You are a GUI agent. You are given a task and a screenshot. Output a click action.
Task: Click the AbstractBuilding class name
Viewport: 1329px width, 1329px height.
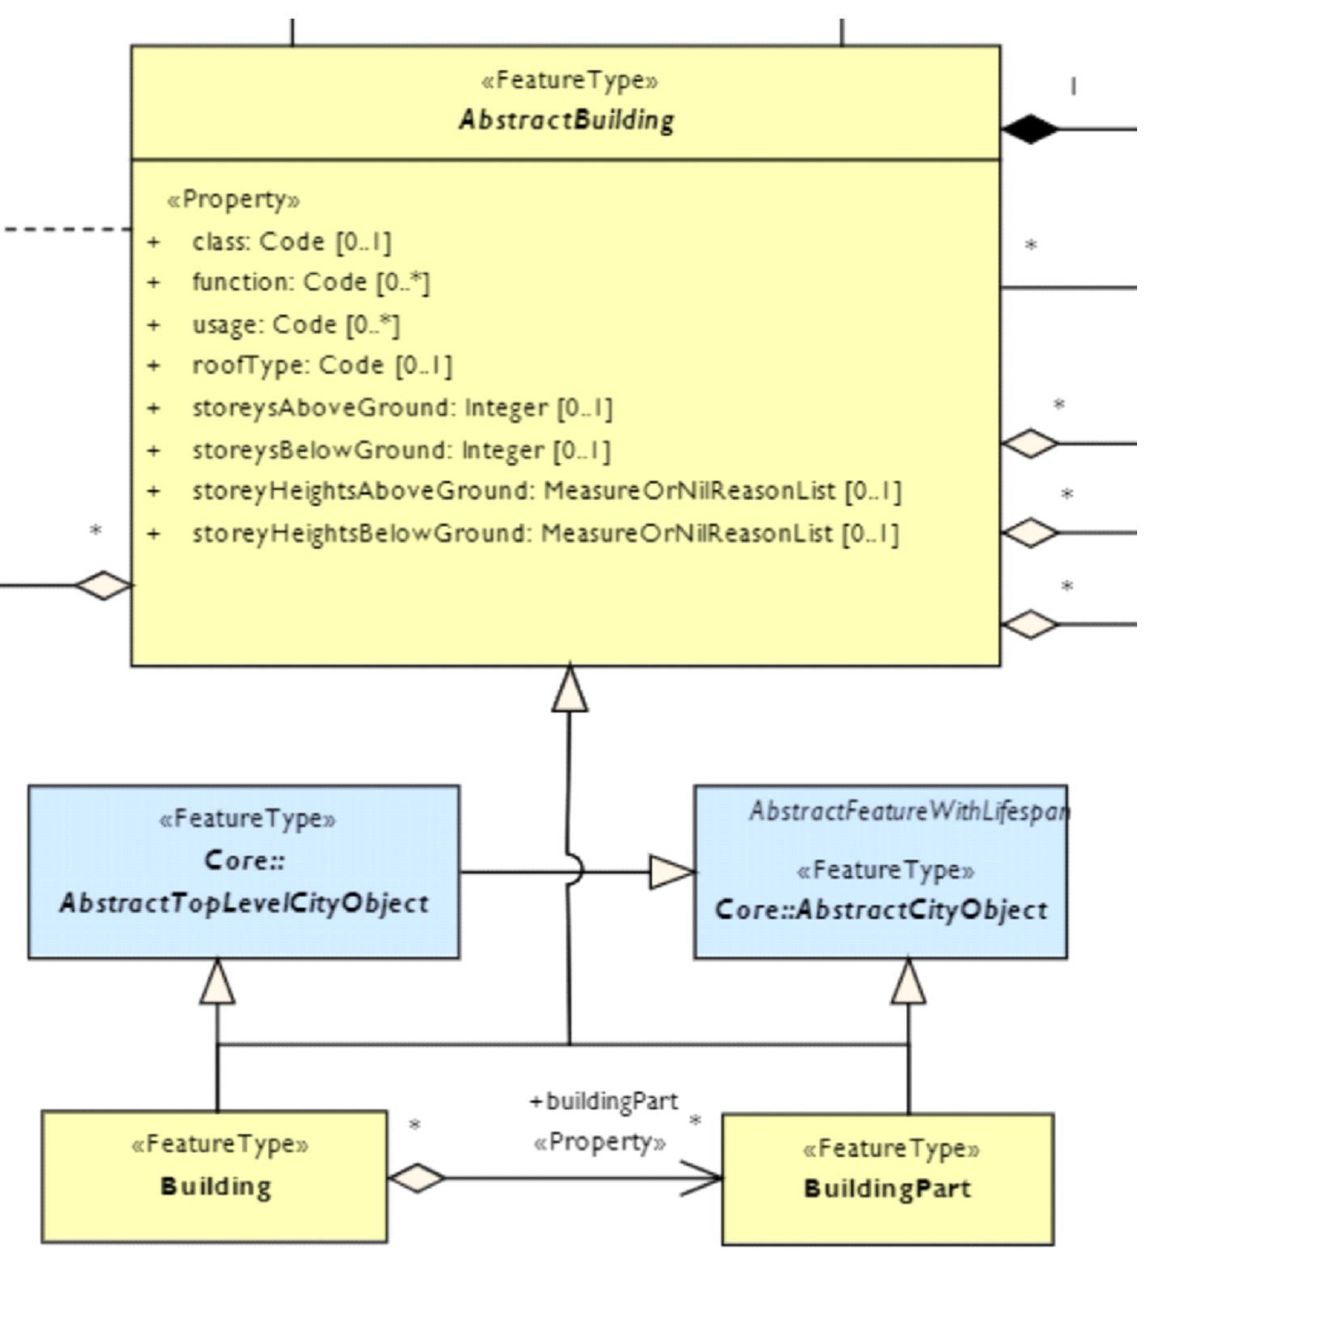point(566,121)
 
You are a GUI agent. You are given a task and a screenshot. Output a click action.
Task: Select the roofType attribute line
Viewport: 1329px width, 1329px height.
point(322,365)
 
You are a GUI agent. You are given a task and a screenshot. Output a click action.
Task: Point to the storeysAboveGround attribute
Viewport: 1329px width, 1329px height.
point(402,407)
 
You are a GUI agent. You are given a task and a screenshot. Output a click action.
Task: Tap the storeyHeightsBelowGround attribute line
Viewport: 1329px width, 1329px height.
point(545,534)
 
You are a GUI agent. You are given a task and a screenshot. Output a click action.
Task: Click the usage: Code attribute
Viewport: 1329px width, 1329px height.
point(296,325)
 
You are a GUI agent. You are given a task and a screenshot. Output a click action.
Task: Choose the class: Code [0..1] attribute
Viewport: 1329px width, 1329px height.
point(292,241)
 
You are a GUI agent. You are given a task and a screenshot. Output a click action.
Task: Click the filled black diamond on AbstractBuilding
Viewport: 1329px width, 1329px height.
point(1029,129)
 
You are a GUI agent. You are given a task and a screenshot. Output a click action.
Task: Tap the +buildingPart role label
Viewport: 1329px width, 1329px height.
point(603,1101)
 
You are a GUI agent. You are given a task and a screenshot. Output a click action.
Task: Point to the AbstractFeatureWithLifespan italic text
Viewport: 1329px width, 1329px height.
point(909,811)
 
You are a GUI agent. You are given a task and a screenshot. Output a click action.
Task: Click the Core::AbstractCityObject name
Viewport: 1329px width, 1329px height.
point(881,910)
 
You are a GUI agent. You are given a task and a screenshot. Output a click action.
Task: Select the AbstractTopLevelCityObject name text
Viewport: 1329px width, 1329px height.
point(244,903)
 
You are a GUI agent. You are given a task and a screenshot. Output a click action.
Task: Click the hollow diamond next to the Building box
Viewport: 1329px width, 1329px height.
point(416,1178)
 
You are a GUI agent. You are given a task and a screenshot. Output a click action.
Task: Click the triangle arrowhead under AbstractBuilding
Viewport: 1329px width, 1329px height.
point(570,690)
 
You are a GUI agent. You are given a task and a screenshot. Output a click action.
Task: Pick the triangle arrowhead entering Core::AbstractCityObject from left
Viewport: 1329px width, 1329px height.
point(671,872)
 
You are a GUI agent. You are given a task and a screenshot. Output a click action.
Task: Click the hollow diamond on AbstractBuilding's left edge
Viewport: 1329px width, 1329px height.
point(104,585)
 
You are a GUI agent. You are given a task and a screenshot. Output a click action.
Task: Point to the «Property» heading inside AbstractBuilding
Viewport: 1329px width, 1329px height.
point(233,199)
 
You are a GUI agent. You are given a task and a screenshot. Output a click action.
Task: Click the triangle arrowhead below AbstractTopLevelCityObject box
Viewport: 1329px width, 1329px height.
point(218,982)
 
